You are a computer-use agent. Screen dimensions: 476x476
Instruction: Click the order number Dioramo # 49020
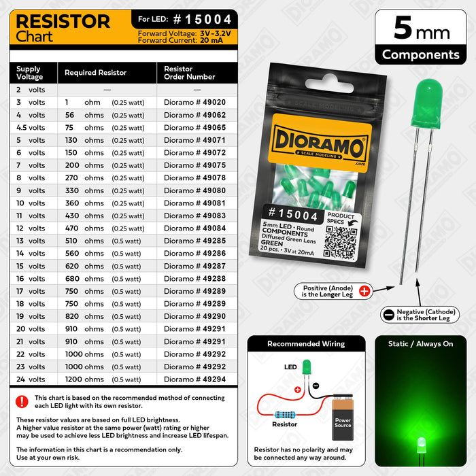click(x=194, y=102)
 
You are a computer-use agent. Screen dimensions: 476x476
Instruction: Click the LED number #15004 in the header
click(x=200, y=20)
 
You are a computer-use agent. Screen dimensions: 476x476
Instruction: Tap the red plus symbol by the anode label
click(x=364, y=291)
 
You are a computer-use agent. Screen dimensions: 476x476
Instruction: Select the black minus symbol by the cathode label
click(x=388, y=314)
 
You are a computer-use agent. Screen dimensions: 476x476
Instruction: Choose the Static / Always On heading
click(x=420, y=344)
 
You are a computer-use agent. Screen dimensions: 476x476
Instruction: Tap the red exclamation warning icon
click(x=22, y=401)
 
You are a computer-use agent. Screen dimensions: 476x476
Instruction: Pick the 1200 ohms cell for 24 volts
click(x=84, y=379)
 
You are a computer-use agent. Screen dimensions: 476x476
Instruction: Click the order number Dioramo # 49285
click(x=194, y=241)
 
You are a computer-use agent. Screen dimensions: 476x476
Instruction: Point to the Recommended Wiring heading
click(x=306, y=344)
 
